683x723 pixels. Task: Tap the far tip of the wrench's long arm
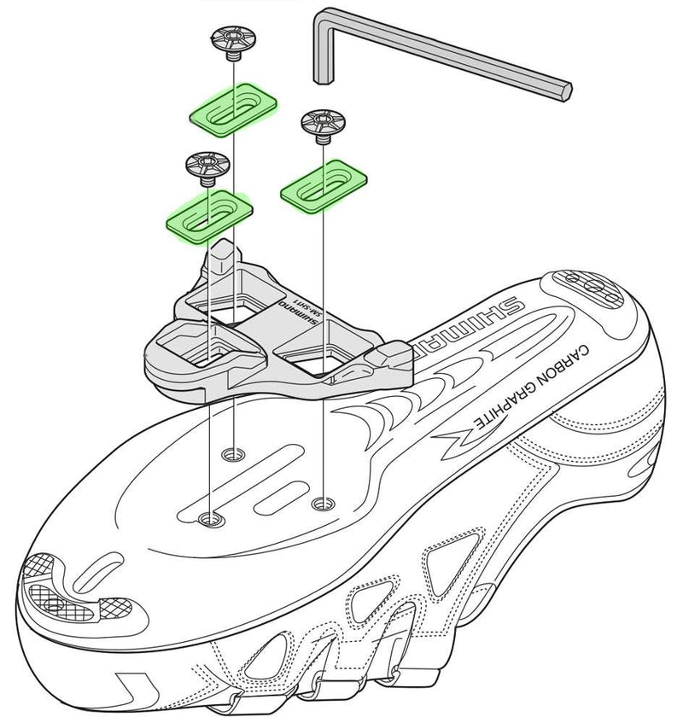click(x=563, y=90)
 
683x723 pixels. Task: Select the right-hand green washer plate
click(x=323, y=182)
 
